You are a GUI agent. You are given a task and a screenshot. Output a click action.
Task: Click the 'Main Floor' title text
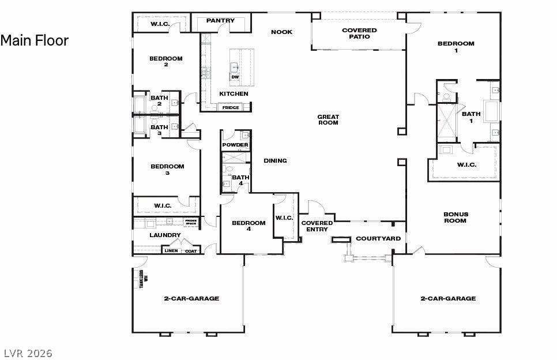(35, 40)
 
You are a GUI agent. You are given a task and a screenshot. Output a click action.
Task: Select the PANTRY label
(220, 21)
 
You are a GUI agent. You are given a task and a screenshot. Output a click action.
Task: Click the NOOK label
(282, 32)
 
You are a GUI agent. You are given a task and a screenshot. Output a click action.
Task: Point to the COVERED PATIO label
(359, 33)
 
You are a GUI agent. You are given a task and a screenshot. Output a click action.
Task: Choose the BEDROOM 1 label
(456, 47)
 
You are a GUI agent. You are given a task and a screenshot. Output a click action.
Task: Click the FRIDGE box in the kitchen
(231, 107)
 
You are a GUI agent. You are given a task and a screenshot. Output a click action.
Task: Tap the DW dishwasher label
(235, 77)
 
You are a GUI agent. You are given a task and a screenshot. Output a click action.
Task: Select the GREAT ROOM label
(328, 119)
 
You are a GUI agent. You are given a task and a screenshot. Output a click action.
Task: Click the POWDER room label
(235, 145)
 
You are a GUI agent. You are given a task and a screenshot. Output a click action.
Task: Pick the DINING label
(275, 161)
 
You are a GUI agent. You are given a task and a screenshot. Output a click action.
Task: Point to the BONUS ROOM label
(456, 217)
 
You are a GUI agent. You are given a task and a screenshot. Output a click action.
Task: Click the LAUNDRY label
(165, 235)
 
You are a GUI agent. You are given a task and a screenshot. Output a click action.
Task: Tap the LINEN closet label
(171, 251)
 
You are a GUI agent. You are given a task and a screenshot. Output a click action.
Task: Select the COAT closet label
(190, 251)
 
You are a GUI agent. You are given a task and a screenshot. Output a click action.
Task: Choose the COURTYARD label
(378, 238)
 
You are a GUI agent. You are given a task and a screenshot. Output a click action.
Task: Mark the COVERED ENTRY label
(317, 226)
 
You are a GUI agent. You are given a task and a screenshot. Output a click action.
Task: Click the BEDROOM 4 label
(249, 226)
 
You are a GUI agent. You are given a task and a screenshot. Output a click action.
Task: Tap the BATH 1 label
(471, 117)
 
